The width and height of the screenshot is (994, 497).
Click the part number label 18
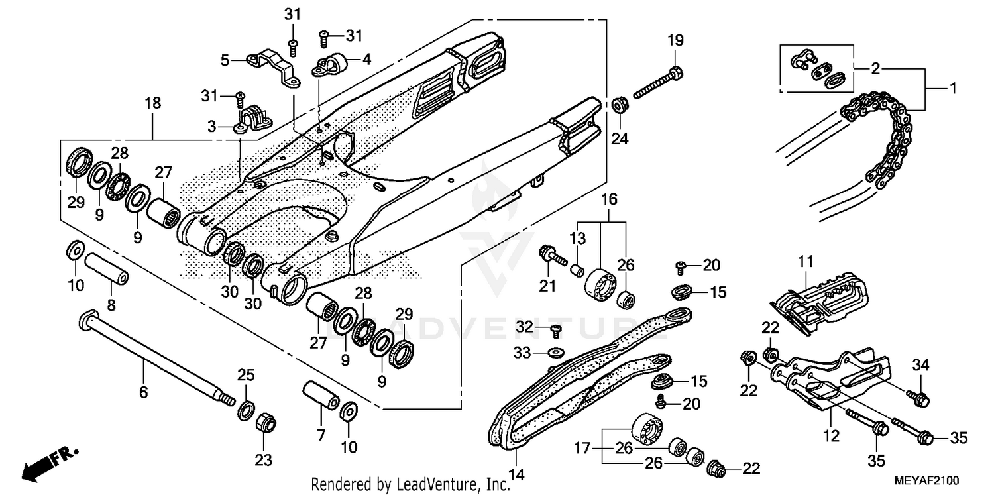(x=152, y=103)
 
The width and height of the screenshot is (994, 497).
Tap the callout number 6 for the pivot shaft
(x=143, y=392)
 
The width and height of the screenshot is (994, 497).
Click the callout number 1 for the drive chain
(x=953, y=88)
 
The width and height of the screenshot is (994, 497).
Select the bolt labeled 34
(x=921, y=399)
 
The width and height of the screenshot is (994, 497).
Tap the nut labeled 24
(x=621, y=105)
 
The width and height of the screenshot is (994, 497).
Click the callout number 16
(x=609, y=199)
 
